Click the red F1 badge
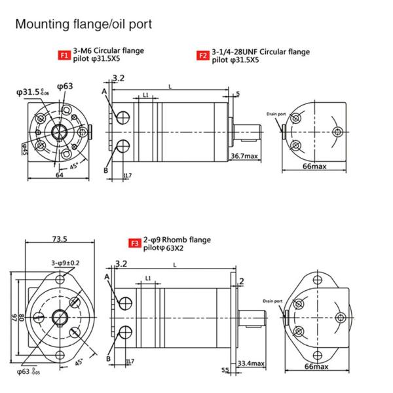(x=64, y=56)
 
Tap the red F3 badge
(x=134, y=243)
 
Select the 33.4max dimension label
(x=251, y=363)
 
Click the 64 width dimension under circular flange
(x=58, y=175)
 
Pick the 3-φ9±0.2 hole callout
(x=65, y=263)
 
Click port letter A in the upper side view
(x=104, y=92)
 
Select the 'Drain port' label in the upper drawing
(x=276, y=114)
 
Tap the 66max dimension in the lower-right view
(x=316, y=366)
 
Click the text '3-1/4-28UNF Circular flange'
(x=261, y=52)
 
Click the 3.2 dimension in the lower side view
(x=121, y=264)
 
